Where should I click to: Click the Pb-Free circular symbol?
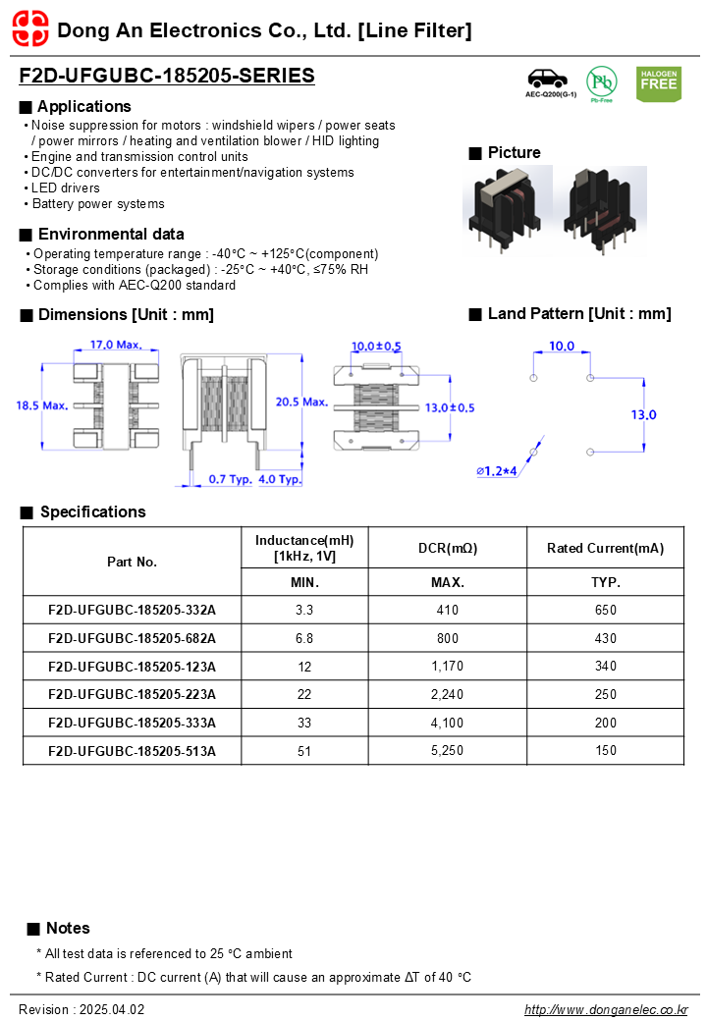point(601,82)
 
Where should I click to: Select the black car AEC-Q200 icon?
point(550,80)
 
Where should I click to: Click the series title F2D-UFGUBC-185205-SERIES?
point(167,76)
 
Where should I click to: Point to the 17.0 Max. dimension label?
point(117,345)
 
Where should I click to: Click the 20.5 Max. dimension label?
point(301,402)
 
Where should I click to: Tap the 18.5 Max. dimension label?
point(42,404)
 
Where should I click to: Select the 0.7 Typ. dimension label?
point(231,479)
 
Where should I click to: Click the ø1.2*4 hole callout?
point(497,471)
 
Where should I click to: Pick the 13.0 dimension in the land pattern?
point(643,414)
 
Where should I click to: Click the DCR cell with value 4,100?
point(447,723)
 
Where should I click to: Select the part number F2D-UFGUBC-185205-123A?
point(132,667)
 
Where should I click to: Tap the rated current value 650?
point(605,610)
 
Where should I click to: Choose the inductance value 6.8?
point(304,638)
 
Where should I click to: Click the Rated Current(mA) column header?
point(605,548)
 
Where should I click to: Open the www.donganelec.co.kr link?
point(606,1009)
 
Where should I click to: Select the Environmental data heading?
point(110,234)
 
